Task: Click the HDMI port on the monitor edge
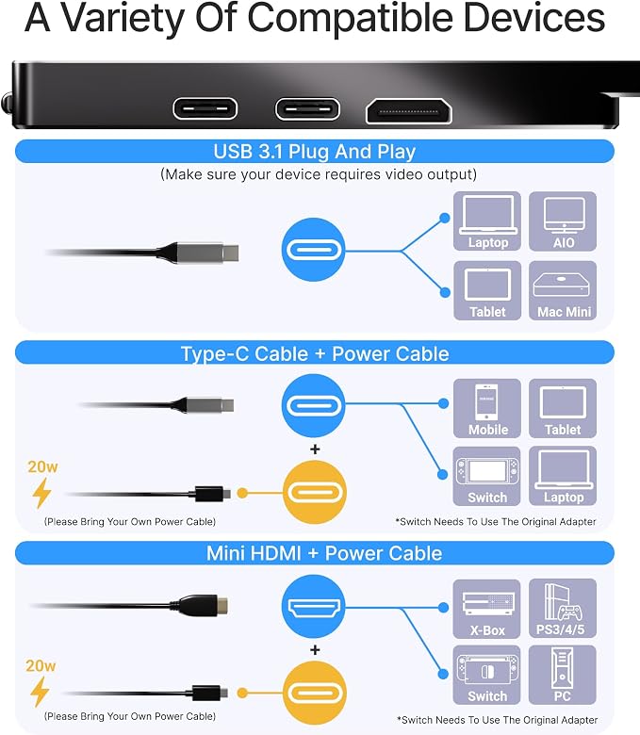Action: coord(408,111)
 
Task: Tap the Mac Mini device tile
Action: coord(563,290)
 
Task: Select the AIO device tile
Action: coord(563,221)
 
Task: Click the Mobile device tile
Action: coord(487,408)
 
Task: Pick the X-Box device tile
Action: coord(486,609)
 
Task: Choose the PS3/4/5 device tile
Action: coord(563,609)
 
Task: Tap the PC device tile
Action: coord(563,675)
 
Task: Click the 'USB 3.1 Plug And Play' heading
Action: coord(315,152)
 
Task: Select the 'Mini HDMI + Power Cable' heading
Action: coord(324,553)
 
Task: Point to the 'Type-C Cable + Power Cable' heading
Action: coord(315,353)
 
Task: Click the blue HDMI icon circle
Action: coord(313,606)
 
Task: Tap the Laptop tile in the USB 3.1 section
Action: coord(487,221)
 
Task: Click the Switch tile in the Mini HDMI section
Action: coord(486,675)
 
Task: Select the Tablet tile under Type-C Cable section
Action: coord(563,408)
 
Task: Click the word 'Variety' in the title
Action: coord(123,19)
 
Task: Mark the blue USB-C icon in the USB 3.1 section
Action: coord(313,250)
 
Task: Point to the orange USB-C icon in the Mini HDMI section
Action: coord(315,693)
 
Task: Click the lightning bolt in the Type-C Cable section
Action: coord(41,493)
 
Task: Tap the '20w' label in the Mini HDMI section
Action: coord(41,665)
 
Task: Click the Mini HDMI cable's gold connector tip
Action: coord(222,605)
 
